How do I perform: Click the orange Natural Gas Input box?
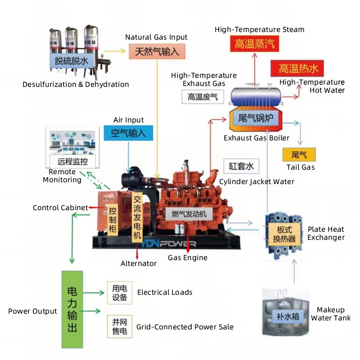(x=157, y=51)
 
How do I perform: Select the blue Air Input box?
(x=128, y=133)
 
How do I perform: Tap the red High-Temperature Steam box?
(x=255, y=44)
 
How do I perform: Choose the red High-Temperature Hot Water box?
(x=297, y=68)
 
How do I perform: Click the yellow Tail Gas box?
(x=299, y=155)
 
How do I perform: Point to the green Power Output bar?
(x=72, y=309)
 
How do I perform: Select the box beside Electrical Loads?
(x=120, y=293)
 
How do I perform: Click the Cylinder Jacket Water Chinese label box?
(x=241, y=166)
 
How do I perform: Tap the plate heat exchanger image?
(x=283, y=236)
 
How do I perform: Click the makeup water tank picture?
(x=285, y=313)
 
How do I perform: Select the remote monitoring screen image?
(x=72, y=147)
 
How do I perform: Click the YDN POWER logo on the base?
(x=168, y=244)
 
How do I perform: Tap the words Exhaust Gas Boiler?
(x=256, y=138)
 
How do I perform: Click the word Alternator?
(x=139, y=263)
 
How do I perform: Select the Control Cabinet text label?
(x=60, y=208)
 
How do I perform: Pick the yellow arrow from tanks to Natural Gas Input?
(x=115, y=51)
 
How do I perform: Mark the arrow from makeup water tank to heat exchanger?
(x=294, y=272)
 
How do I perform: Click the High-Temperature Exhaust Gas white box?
(x=203, y=97)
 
